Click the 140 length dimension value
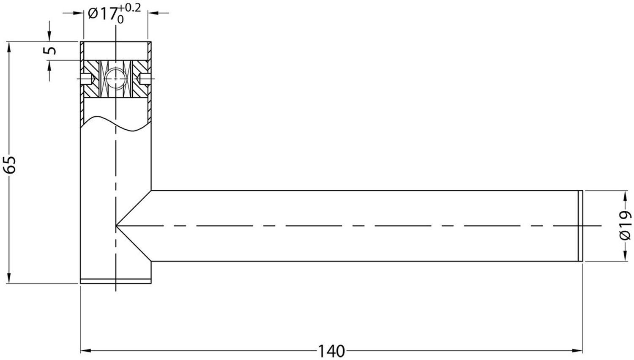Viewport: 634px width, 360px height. [331, 352]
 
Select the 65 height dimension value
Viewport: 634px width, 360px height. [10, 164]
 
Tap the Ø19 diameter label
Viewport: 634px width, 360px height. [626, 225]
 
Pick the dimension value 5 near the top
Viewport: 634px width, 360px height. [50, 50]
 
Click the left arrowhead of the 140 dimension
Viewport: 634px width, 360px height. [86, 351]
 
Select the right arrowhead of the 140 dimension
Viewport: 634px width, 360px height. [577, 351]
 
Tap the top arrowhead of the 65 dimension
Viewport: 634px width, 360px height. [9, 47]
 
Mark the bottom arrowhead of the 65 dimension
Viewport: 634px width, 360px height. [9, 278]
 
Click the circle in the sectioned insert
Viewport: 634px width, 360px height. [115, 79]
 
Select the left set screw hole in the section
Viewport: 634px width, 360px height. [86, 79]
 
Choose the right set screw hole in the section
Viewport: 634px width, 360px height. [145, 79]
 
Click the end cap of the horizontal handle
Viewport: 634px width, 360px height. [580, 226]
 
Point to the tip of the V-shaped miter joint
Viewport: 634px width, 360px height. [116, 226]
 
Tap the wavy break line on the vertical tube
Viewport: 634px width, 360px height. [115, 124]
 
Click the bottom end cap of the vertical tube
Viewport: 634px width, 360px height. [116, 281]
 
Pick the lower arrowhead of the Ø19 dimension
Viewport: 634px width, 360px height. [624, 256]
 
